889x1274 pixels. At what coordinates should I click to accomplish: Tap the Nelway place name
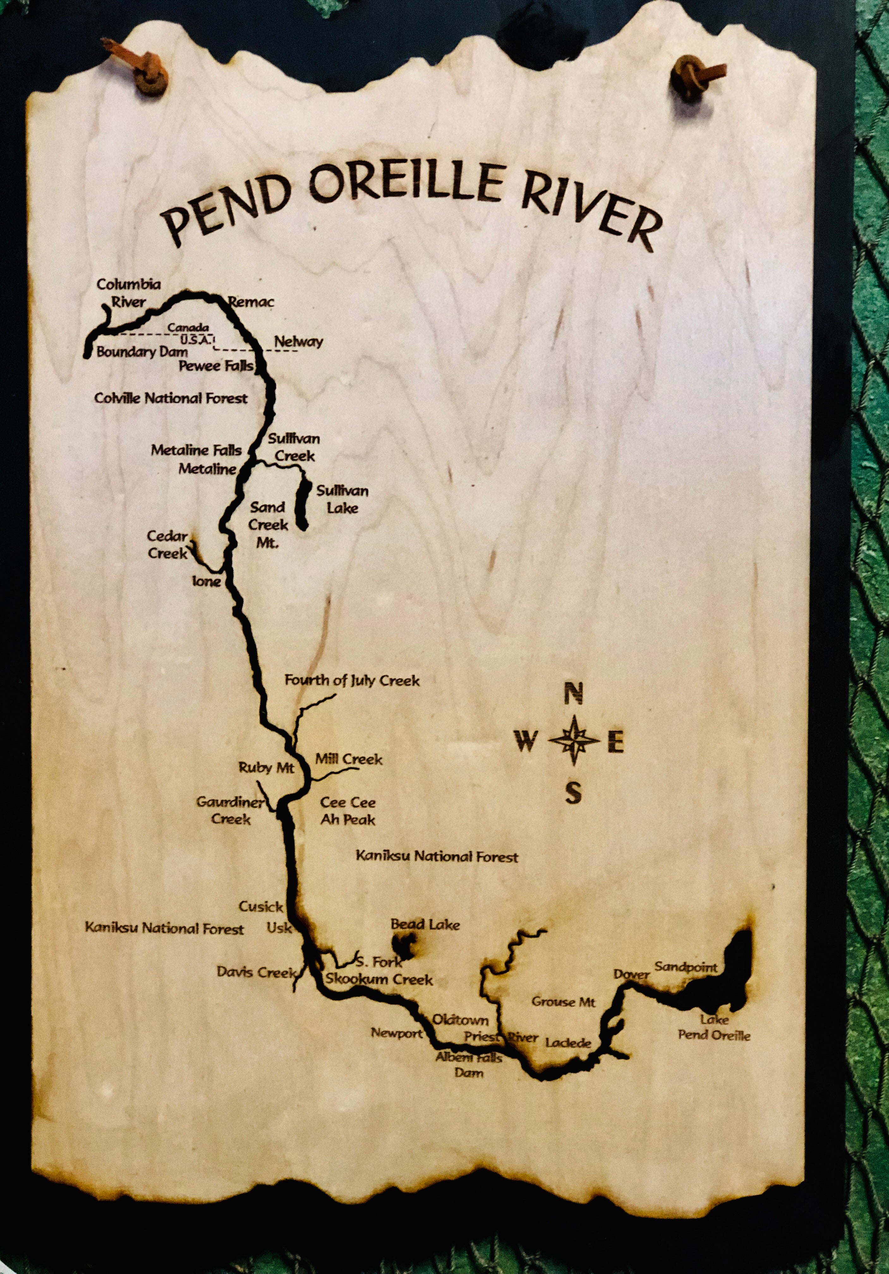(x=299, y=342)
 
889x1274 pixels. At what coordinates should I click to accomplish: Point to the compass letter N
(x=574, y=694)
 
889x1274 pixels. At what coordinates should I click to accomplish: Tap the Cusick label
(x=261, y=907)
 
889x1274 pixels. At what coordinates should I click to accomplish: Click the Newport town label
(x=397, y=1033)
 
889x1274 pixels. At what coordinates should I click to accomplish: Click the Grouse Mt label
(x=563, y=1002)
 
